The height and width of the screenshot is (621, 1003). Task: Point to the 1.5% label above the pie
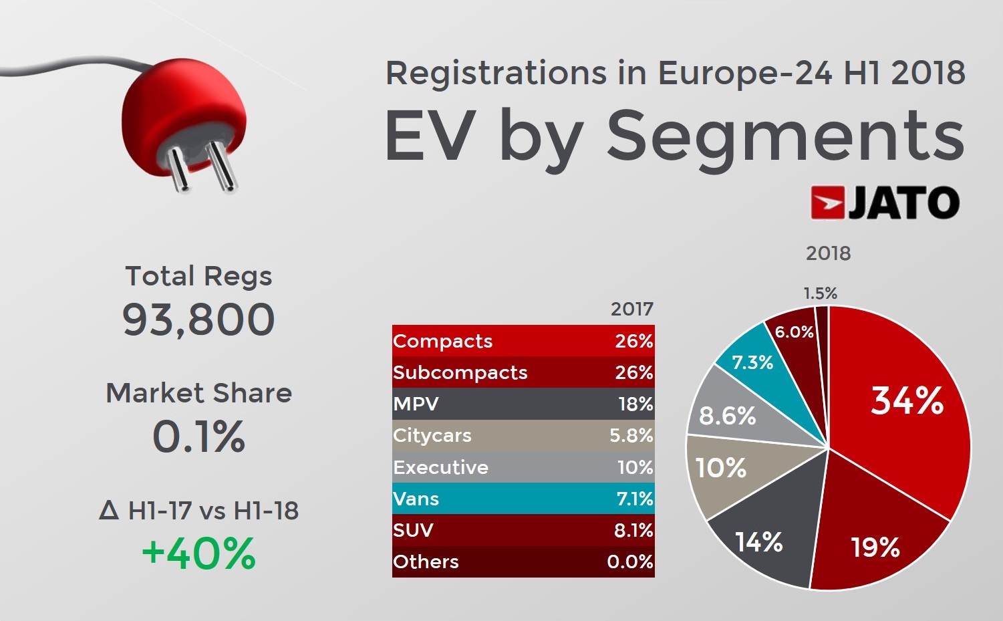(x=820, y=293)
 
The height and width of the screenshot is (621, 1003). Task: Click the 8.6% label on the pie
(x=727, y=416)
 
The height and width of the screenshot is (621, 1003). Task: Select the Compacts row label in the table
(x=442, y=341)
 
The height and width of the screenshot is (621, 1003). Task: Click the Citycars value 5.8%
(x=631, y=436)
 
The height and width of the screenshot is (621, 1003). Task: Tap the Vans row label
(x=416, y=499)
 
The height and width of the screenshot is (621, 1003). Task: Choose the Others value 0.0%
(x=629, y=562)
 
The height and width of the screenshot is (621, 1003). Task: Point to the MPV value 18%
(x=635, y=404)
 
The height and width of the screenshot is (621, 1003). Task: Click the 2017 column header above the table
(x=631, y=309)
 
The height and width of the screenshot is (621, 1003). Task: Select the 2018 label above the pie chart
(x=828, y=253)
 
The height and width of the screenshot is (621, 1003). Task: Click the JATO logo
(x=885, y=203)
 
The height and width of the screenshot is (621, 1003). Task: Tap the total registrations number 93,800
(x=198, y=319)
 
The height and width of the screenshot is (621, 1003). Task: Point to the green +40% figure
(x=198, y=553)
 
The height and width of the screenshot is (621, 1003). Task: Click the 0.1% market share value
(x=198, y=437)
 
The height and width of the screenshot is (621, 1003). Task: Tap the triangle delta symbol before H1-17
(x=109, y=511)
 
